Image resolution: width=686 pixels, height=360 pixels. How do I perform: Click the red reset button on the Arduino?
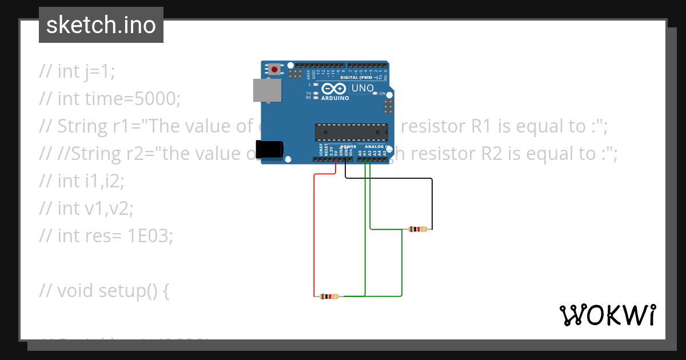(275, 70)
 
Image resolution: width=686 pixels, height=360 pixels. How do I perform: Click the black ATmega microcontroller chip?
(351, 132)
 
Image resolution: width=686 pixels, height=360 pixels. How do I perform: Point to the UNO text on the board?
(362, 89)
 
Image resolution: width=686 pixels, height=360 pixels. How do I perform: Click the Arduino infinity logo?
(334, 89)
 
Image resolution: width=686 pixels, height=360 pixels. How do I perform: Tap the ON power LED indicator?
(376, 93)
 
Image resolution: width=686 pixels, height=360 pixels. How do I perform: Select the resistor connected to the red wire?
(329, 297)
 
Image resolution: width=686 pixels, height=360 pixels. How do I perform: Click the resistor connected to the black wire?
(418, 230)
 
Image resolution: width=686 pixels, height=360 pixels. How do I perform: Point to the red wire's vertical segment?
(314, 234)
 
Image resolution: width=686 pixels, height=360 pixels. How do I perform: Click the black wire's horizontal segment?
(389, 179)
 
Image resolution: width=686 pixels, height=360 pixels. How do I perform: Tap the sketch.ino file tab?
(101, 25)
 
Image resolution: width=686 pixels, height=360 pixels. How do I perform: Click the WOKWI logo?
(607, 315)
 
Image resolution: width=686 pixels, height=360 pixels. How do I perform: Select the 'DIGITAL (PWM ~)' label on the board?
(358, 77)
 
